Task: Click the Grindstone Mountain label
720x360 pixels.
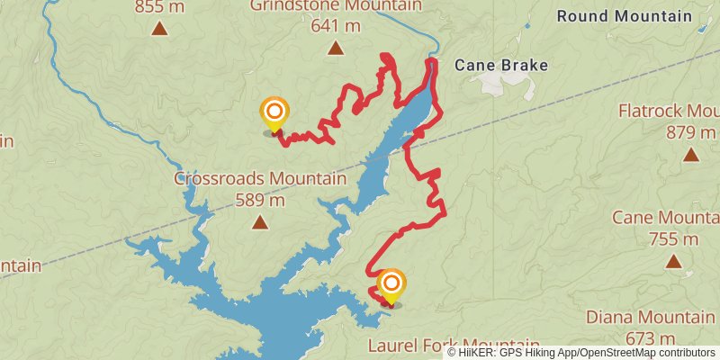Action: click(335, 6)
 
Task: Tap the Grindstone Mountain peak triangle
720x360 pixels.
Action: click(335, 49)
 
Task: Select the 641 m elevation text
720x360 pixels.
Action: click(335, 26)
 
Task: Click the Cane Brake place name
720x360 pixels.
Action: click(500, 65)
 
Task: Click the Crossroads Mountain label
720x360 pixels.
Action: click(260, 178)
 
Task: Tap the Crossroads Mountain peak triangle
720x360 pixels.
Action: click(260, 221)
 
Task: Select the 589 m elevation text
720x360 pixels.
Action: click(260, 199)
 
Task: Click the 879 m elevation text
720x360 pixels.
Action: click(690, 132)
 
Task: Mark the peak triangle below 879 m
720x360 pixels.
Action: click(690, 155)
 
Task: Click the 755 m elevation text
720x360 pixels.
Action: click(673, 238)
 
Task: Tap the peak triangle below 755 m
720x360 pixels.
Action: click(673, 261)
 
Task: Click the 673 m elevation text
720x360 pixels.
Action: click(651, 337)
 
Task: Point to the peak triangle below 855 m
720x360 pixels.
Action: click(159, 28)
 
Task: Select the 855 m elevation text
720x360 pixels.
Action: click(159, 7)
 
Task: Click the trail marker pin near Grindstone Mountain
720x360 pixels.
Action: click(274, 114)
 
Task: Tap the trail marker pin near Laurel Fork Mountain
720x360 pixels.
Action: click(391, 286)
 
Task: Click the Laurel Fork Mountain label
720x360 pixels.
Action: click(454, 346)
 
